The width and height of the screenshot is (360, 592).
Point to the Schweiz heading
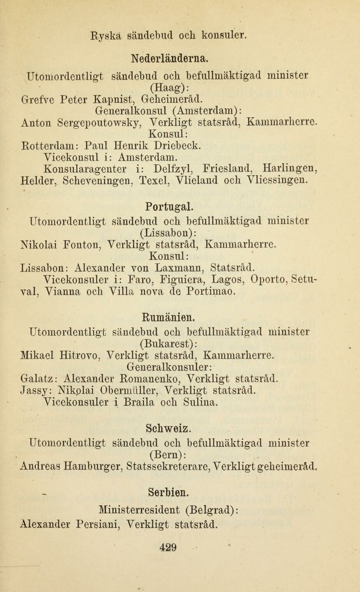pyautogui.click(x=168, y=428)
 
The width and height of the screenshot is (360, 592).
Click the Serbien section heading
pyautogui.click(x=169, y=492)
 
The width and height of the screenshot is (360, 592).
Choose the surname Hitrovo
pyautogui.click(x=80, y=355)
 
